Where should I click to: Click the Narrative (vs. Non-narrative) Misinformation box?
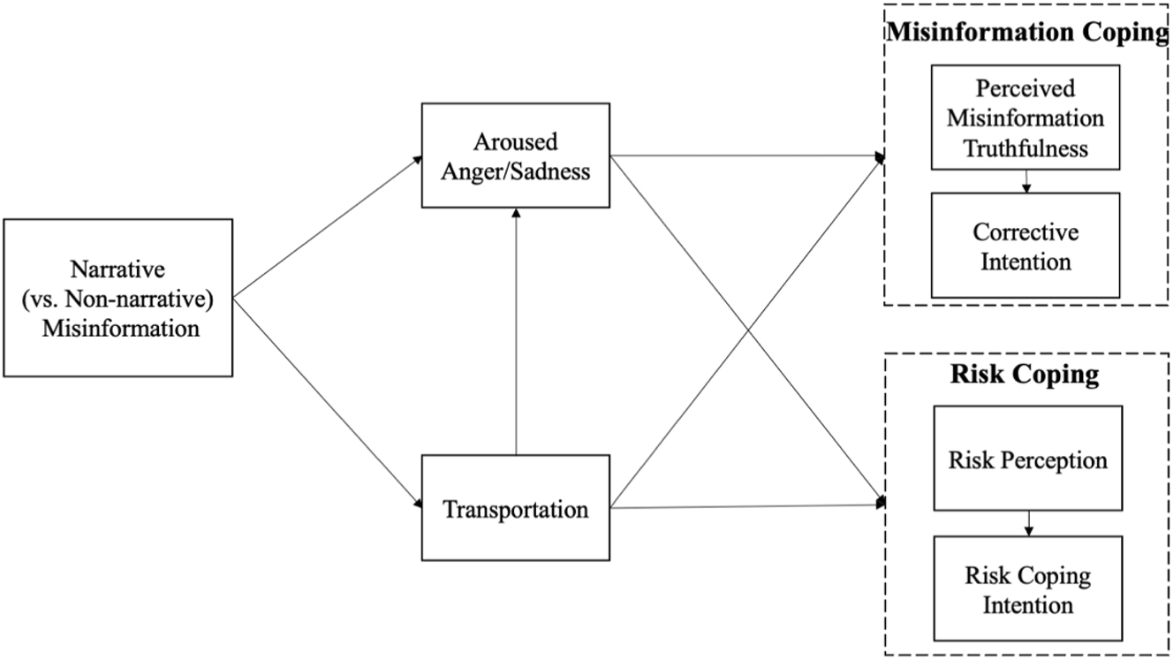[118, 299]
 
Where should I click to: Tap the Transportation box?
[516, 509]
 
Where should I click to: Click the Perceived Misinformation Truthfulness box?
[1025, 118]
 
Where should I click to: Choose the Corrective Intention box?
[1025, 247]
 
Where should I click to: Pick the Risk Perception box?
[1027, 459]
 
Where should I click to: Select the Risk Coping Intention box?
[1027, 590]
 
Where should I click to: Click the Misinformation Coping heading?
[1026, 34]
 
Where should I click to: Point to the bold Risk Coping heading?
[1025, 375]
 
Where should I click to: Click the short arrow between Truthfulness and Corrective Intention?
[1025, 181]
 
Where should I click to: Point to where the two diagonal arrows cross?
[748, 331]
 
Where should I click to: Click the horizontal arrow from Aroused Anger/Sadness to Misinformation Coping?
[746, 156]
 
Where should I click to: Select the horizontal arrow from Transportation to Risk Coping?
[746, 506]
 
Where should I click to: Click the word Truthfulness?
[1025, 148]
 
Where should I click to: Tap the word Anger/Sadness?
[516, 171]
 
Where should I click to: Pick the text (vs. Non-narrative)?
[118, 300]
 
